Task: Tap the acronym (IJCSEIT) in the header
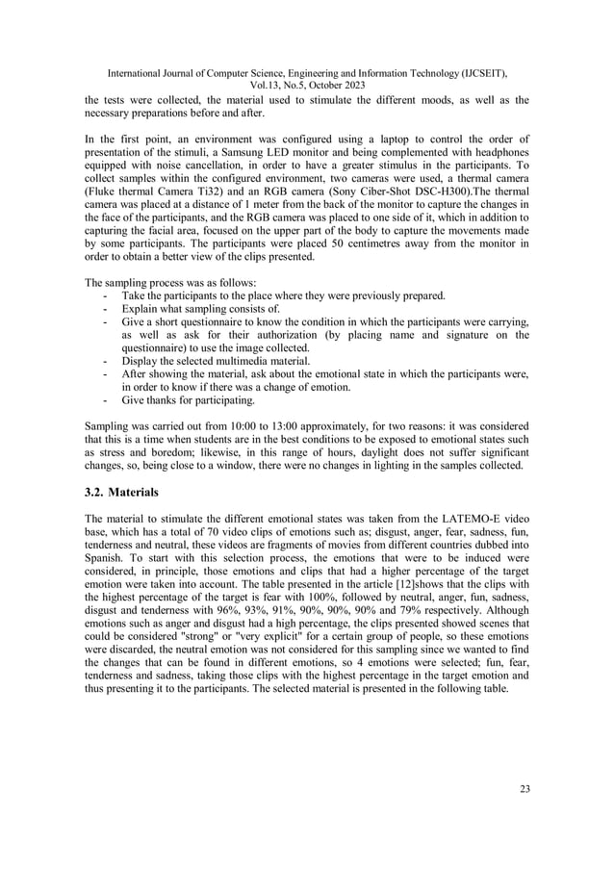483,72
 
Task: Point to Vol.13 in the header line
242,85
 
